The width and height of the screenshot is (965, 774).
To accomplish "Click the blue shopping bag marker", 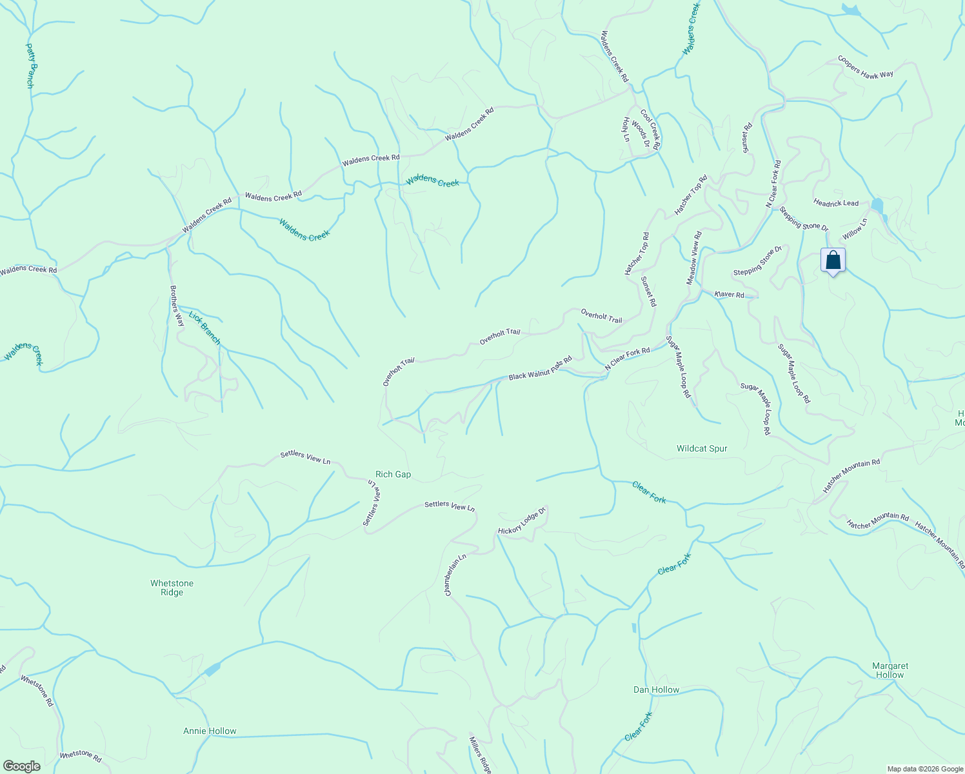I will click(833, 261).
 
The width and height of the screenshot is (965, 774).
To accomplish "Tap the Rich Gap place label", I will click(393, 474).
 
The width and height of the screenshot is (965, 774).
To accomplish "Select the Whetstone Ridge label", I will click(172, 588).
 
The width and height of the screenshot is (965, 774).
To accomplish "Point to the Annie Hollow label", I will click(210, 731).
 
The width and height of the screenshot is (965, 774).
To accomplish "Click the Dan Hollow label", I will click(656, 690).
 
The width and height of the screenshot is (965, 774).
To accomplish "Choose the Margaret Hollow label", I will click(890, 670).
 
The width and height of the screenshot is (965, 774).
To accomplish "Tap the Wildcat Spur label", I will click(701, 448).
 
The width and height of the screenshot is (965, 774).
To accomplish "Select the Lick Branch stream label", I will click(204, 328).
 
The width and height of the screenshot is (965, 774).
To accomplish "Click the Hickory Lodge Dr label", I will click(522, 521).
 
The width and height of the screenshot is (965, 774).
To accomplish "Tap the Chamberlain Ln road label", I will click(455, 574).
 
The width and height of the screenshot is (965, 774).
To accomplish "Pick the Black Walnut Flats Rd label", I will click(540, 368).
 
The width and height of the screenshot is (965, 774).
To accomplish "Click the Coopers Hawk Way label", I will click(865, 66).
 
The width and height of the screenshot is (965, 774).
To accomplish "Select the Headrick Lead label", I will click(836, 203).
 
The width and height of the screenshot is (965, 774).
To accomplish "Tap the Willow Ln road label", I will click(855, 228).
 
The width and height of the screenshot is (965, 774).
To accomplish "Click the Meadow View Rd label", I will click(693, 258).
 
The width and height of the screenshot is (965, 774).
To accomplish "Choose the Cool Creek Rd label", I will click(650, 129).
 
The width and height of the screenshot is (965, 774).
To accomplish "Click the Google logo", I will click(21, 766).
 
